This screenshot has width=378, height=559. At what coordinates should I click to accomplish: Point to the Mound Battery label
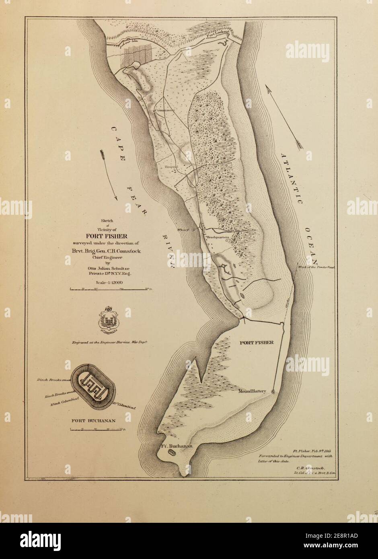[252, 391]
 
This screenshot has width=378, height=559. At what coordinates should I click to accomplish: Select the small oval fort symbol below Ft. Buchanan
[173, 452]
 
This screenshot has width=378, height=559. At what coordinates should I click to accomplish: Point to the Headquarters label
[217, 238]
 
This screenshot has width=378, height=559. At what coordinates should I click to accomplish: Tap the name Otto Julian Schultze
[107, 269]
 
